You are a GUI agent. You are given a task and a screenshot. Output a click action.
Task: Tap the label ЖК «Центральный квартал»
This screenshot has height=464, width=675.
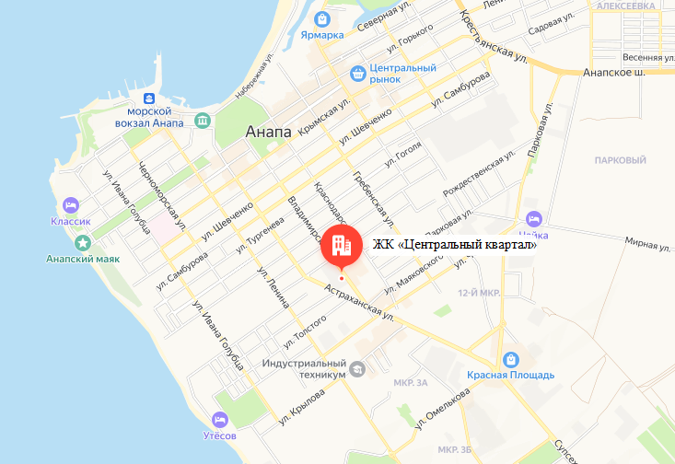pos(454,245)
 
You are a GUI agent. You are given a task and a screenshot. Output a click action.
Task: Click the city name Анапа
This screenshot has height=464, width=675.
pos(269,133)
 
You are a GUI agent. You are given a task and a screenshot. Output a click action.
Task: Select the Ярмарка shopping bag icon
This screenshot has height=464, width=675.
pos(322,17)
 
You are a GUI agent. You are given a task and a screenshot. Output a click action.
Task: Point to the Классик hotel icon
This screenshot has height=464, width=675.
pos(70,204)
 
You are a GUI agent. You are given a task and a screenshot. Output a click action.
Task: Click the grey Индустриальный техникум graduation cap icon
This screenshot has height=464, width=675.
pos(357,369)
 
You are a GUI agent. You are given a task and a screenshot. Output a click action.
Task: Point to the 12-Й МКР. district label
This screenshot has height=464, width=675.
pos(478,292)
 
